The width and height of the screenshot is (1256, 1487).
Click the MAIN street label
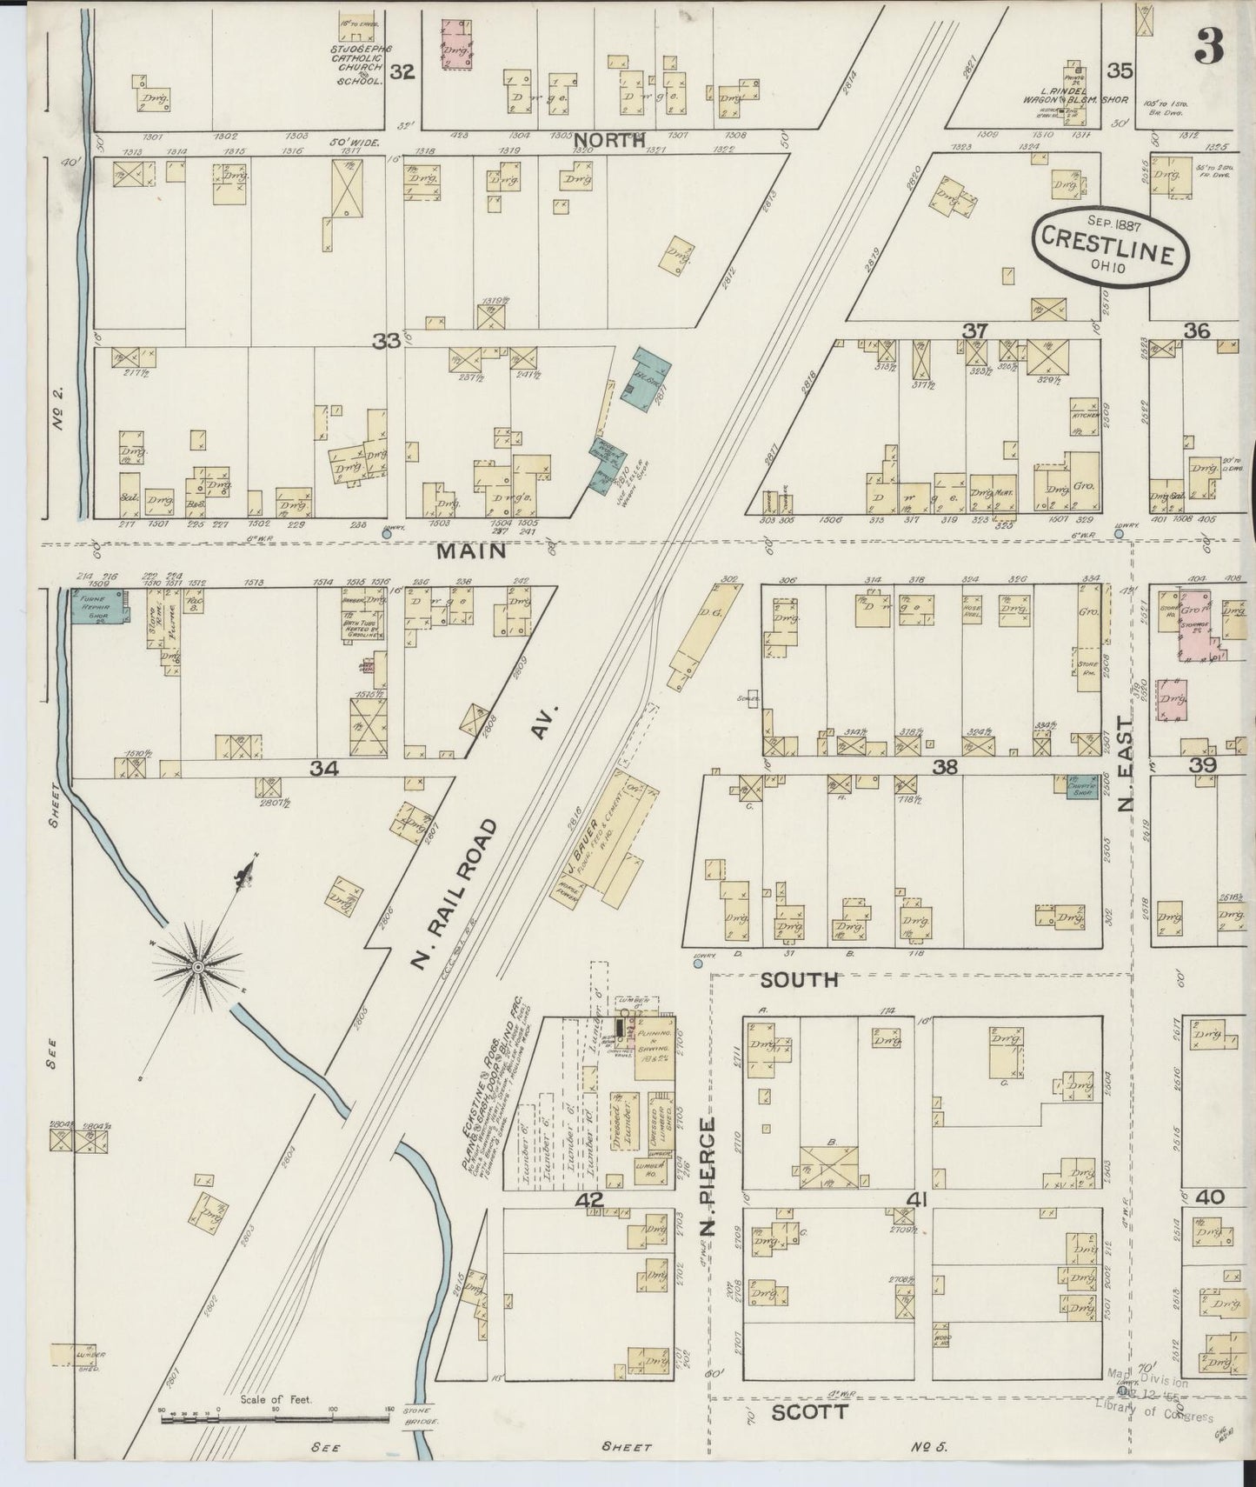pyautogui.click(x=471, y=550)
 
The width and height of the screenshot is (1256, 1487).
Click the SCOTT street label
pyautogui.click(x=810, y=1412)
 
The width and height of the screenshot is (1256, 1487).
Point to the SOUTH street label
pyautogui.click(x=800, y=979)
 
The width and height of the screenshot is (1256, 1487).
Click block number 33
pyautogui.click(x=386, y=342)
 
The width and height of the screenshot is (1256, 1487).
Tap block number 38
pyautogui.click(x=944, y=767)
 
